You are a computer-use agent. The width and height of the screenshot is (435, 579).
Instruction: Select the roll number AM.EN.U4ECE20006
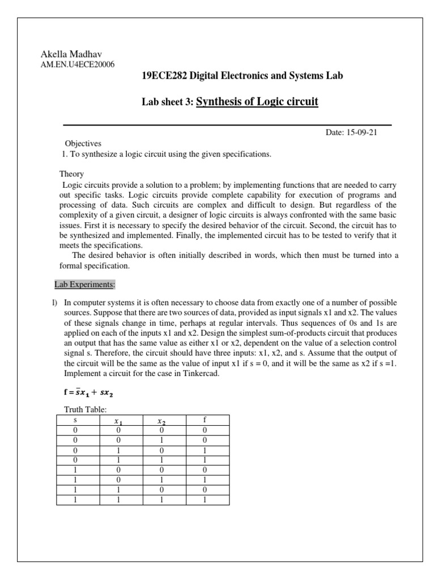tap(77, 64)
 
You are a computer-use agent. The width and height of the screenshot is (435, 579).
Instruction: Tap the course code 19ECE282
tap(164, 75)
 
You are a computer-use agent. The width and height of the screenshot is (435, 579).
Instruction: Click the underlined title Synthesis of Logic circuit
tap(257, 102)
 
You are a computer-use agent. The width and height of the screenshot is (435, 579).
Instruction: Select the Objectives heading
tap(83, 144)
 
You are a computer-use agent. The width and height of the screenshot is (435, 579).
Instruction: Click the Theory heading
tap(72, 174)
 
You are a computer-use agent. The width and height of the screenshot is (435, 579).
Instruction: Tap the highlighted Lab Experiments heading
tap(84, 284)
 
